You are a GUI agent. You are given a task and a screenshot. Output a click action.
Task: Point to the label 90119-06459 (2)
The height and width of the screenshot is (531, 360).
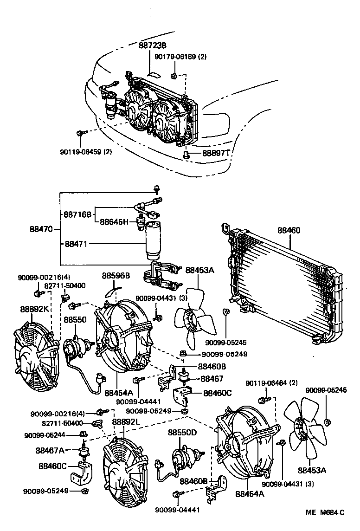[x=86, y=152]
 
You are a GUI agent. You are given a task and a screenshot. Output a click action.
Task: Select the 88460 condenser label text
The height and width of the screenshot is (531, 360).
[x=289, y=230]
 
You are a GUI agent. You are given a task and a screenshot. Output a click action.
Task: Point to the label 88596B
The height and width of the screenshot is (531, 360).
[x=116, y=276]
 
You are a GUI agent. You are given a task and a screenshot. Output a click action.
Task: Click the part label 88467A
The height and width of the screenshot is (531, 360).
[x=50, y=450]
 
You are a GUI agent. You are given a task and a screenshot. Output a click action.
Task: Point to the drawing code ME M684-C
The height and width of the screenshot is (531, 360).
[x=325, y=512]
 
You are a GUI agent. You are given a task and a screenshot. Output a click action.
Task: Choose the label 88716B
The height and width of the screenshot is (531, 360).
[x=78, y=214]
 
